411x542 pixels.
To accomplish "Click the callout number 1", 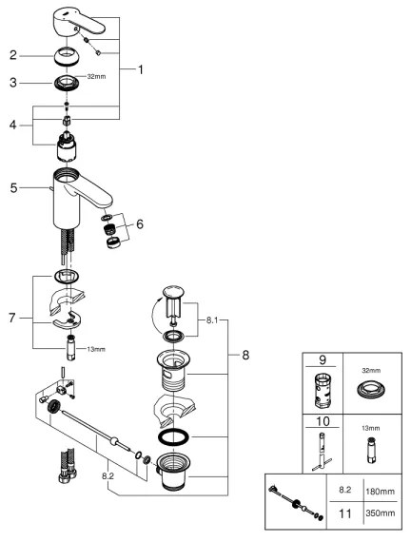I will (141, 70).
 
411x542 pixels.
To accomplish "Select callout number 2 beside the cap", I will (13, 54).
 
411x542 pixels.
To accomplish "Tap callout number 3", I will (13, 83).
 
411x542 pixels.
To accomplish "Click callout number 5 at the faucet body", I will (13, 187).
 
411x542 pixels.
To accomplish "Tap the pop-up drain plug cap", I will (173, 291).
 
